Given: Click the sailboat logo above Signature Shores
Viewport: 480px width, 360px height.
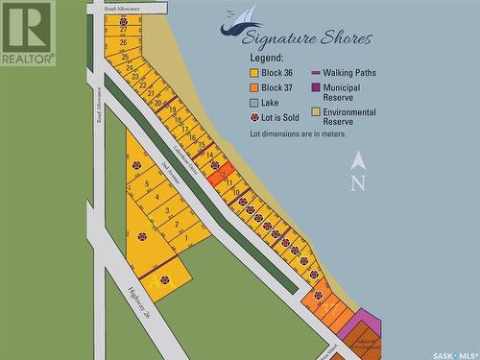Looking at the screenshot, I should [241, 20].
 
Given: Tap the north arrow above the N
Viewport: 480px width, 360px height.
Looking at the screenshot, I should [358, 160].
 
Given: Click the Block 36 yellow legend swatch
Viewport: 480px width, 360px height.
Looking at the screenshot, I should [254, 73].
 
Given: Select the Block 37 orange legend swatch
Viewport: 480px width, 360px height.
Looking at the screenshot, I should [254, 87].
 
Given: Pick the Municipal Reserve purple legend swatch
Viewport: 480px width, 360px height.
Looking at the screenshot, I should [315, 87].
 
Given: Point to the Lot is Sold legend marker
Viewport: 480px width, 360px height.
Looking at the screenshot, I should [254, 117].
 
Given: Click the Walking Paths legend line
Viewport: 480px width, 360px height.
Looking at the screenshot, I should [315, 73].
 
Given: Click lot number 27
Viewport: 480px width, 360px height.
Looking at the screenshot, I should [123, 31].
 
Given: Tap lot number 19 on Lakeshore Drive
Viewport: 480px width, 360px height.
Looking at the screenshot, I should [173, 110].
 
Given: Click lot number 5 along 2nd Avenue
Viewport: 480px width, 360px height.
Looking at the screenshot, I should [147, 183].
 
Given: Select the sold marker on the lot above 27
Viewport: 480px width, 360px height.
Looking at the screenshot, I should [123, 20].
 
